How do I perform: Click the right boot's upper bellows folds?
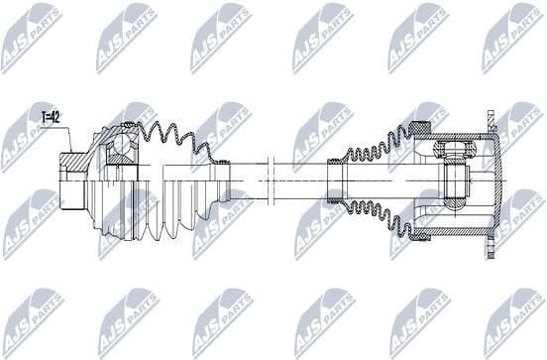[x=377, y=144]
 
